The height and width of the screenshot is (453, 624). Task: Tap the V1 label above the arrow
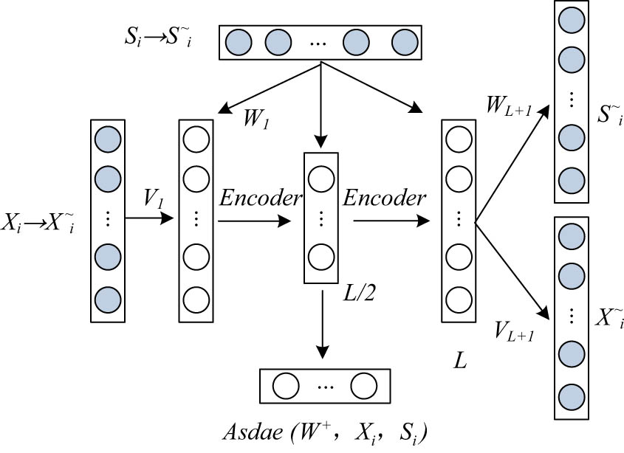[153, 198]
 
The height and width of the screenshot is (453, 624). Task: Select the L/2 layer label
[359, 295]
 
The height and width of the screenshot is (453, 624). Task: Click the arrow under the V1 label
[151, 218]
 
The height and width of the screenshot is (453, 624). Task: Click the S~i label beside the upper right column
[609, 116]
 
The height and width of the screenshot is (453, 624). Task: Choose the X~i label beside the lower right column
[609, 319]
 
